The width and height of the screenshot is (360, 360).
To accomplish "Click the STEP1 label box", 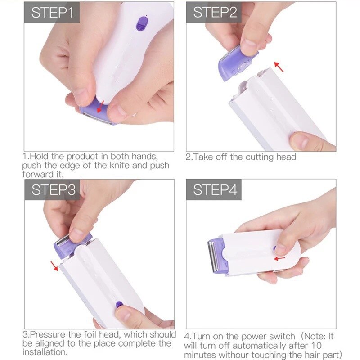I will [x=52, y=13].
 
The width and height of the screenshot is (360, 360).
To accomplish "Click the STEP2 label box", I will [x=214, y=13].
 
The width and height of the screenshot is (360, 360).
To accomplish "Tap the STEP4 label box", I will [x=214, y=190].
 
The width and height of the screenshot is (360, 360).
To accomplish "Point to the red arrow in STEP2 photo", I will [x=279, y=67].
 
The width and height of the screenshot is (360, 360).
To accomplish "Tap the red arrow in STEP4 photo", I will [x=280, y=258].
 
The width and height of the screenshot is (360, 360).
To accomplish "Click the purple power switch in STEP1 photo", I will [x=143, y=23].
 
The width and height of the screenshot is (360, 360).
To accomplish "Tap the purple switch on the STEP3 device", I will [x=119, y=304].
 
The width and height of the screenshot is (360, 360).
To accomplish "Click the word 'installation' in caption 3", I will [x=44, y=352].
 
